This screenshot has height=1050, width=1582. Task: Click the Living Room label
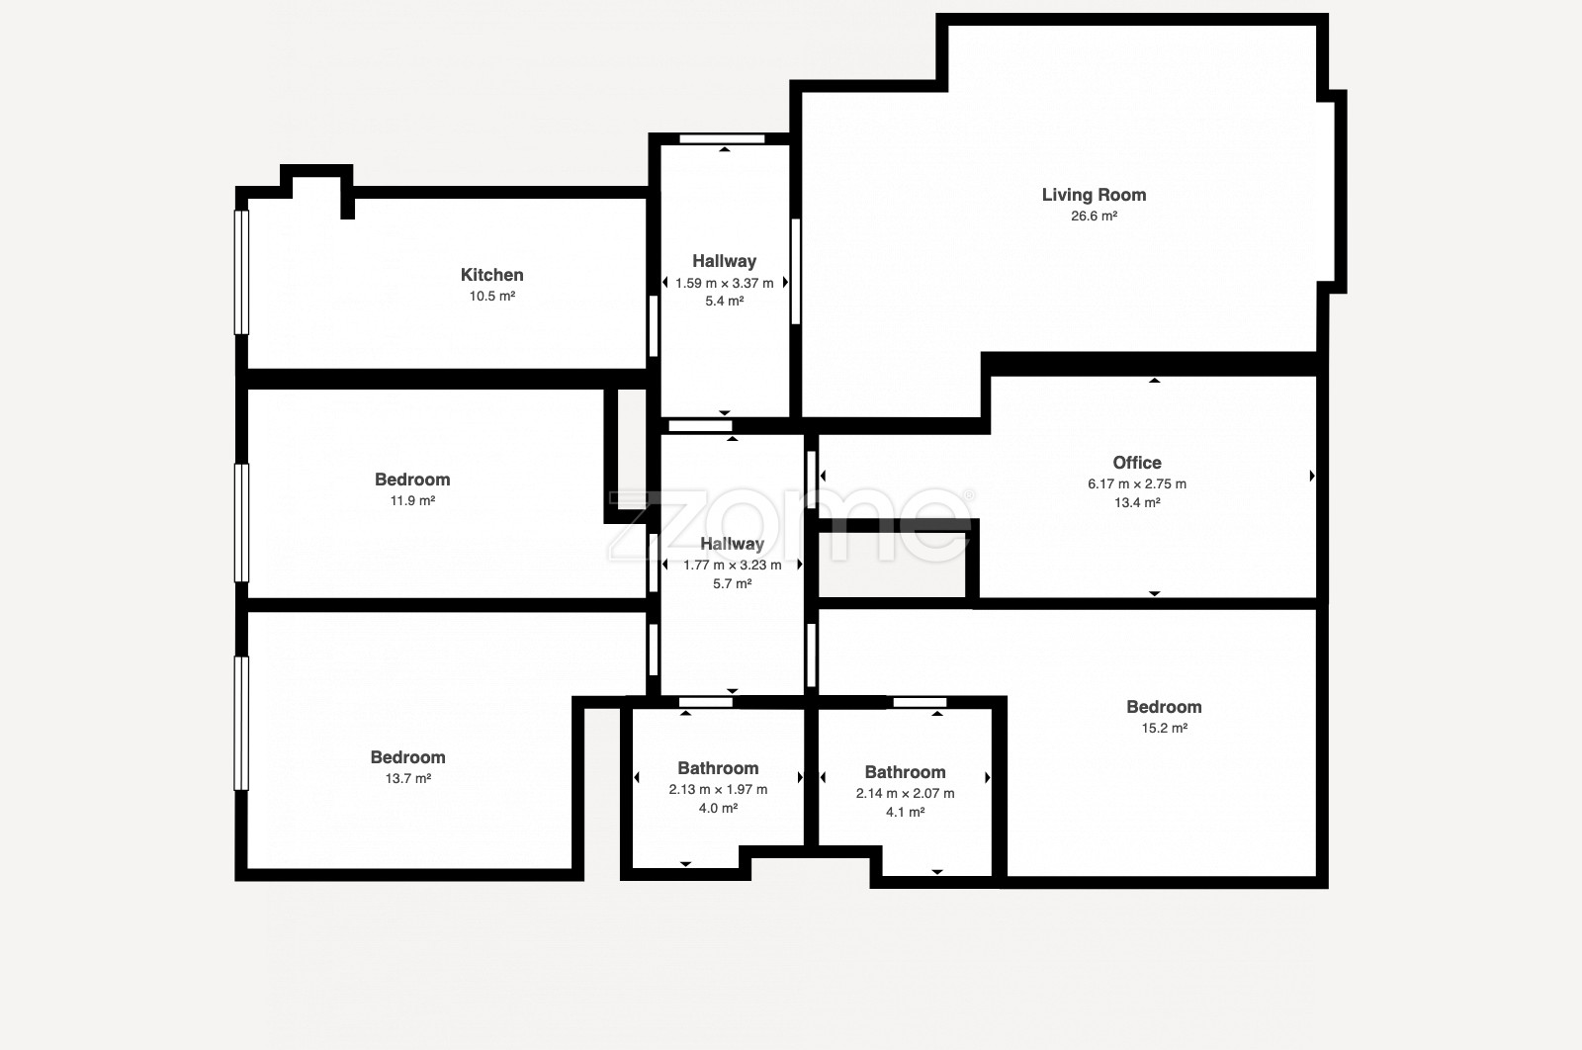coord(1094,195)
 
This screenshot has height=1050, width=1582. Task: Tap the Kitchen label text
coord(492,275)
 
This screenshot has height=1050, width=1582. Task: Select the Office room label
coord(1137,463)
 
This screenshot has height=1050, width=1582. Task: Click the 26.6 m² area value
coord(1094,217)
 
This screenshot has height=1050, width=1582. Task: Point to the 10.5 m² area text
coord(492,296)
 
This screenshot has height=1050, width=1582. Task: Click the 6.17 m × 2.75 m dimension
coord(1137,483)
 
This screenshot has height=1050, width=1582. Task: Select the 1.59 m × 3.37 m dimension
coord(725,283)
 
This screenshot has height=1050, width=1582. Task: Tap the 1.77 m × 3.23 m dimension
coord(733,565)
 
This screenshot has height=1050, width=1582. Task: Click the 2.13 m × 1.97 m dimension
coord(718,789)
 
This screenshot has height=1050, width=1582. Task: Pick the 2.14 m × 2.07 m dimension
coord(906,793)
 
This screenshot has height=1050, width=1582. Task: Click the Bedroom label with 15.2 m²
coord(1164,707)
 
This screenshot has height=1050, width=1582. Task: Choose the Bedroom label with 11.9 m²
coord(412,480)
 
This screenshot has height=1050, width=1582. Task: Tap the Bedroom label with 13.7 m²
coord(408,757)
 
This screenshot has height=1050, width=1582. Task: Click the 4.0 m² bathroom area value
coord(718,808)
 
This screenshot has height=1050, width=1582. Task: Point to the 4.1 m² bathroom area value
coord(906,812)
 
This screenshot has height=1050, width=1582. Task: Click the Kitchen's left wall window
coord(241,272)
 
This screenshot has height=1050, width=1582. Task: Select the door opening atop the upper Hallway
coord(722,139)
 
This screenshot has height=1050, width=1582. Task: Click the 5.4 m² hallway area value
coord(725,301)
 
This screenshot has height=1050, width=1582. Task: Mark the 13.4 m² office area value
coord(1137,503)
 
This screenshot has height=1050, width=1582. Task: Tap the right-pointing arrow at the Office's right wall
coord(1312,476)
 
